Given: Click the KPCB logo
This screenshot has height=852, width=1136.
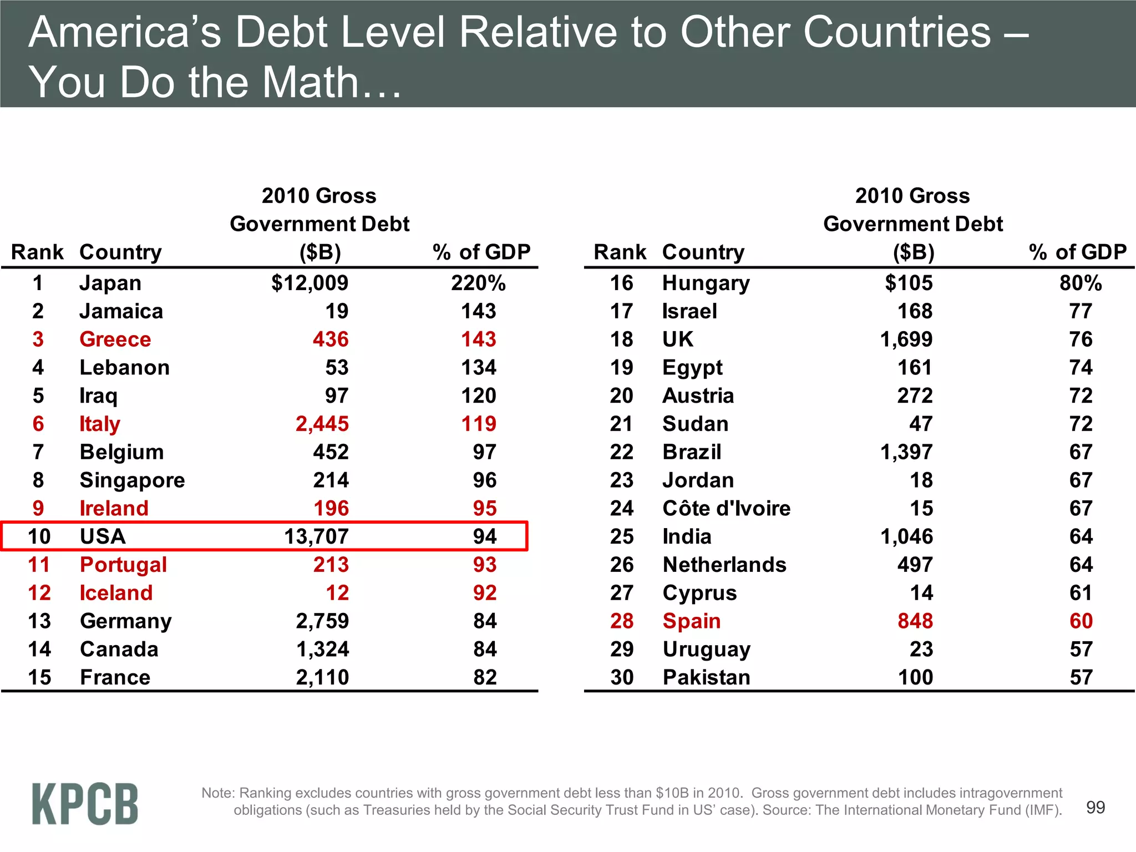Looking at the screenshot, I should [85, 804].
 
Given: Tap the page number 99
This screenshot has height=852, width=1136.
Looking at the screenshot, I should [1095, 807].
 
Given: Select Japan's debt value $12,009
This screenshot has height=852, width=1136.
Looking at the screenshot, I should [310, 283].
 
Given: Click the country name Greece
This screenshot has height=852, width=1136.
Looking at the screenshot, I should [115, 339].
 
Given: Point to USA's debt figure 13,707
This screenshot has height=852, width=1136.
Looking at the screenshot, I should [316, 536].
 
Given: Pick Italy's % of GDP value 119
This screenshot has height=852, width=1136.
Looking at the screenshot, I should [479, 424].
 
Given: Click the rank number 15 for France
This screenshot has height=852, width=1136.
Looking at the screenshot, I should [39, 677].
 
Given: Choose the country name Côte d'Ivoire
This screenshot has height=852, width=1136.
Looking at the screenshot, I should [726, 509].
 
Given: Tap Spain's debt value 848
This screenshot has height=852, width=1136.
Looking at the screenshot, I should [915, 621].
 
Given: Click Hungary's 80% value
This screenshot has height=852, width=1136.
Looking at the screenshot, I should [1080, 283].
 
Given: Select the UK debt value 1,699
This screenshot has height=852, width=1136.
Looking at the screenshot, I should [906, 339].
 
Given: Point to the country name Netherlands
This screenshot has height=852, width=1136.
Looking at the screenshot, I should [724, 565].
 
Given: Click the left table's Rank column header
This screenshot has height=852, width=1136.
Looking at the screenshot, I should [37, 252].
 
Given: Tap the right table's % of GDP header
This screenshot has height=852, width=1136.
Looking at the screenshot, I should [1077, 252].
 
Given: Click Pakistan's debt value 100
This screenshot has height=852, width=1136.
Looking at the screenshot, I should [915, 677].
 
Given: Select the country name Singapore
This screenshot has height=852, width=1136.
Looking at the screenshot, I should [132, 480].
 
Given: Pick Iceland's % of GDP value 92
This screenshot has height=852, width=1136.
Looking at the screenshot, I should [484, 593].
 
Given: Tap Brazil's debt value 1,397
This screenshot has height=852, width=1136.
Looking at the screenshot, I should [906, 452].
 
